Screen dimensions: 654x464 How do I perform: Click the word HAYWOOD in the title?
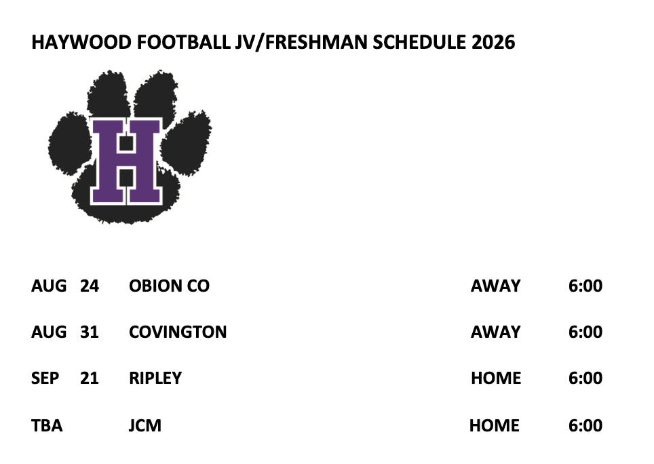(x=81, y=42)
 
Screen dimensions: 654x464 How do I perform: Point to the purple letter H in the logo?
(x=126, y=161)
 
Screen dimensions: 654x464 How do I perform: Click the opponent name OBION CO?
(x=169, y=286)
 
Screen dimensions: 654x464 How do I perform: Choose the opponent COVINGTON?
(x=178, y=332)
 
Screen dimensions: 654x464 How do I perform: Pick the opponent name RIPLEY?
(x=155, y=378)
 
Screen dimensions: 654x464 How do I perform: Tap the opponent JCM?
(x=145, y=425)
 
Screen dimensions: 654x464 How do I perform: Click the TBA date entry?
(x=47, y=425)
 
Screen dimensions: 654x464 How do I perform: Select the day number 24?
(x=90, y=286)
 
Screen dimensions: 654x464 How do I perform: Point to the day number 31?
(x=90, y=332)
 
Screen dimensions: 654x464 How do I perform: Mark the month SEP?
(x=45, y=378)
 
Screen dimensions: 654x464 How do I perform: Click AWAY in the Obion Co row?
(x=495, y=286)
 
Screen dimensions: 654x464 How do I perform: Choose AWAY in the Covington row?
(x=495, y=332)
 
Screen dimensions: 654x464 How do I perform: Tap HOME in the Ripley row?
(x=496, y=378)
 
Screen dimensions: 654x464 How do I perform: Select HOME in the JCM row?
(x=495, y=425)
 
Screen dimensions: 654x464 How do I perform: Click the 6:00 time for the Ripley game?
(x=585, y=378)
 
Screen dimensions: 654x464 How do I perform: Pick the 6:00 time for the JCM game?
(x=585, y=425)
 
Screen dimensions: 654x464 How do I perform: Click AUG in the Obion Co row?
(x=49, y=286)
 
